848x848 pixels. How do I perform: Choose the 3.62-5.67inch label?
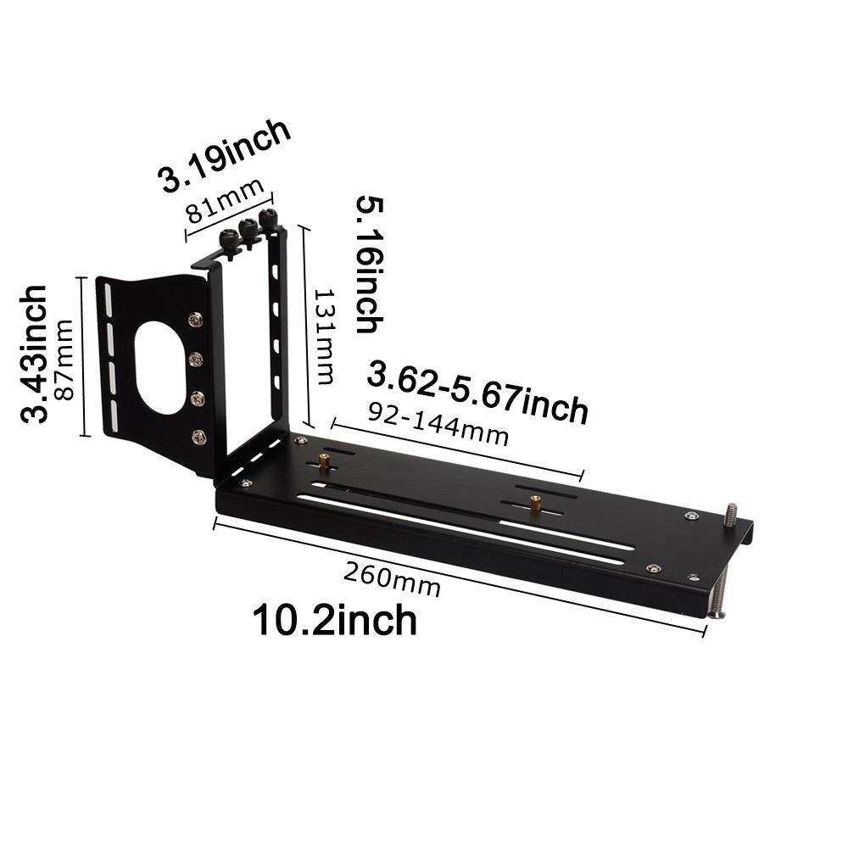[x=477, y=392]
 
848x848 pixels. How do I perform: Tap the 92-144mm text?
[x=438, y=423]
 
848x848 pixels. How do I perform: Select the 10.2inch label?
[x=335, y=620]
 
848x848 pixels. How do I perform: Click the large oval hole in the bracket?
[x=161, y=365]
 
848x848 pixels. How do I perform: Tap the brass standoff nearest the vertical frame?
[x=325, y=463]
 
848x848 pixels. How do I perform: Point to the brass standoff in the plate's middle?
[x=535, y=502]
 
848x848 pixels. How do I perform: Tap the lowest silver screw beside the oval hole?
[x=198, y=437]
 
